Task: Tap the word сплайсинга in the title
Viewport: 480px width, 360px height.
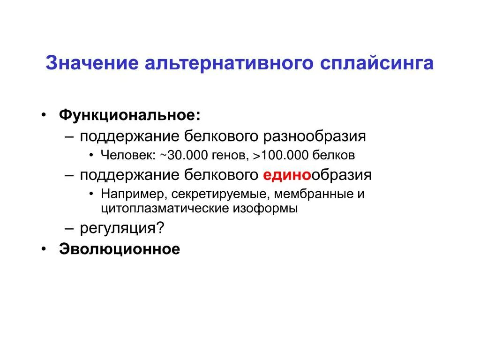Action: pyautogui.click(x=376, y=63)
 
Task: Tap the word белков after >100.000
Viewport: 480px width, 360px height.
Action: pyautogui.click(x=334, y=155)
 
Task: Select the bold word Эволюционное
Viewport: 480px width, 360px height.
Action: pyautogui.click(x=120, y=249)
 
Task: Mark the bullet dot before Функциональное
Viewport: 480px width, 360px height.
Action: pyautogui.click(x=43, y=115)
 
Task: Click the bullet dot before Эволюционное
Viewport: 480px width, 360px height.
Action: pyautogui.click(x=43, y=249)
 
